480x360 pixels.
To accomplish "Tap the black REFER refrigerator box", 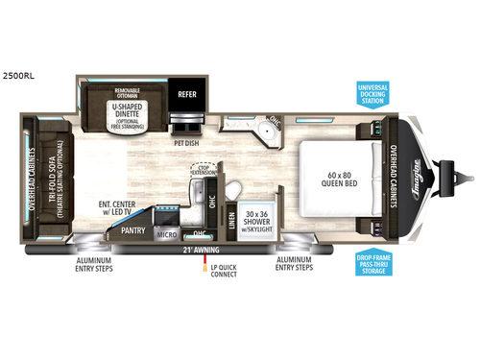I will (187, 95).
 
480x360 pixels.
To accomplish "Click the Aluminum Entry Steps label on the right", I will (292, 263).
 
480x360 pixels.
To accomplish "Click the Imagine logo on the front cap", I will (423, 179).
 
